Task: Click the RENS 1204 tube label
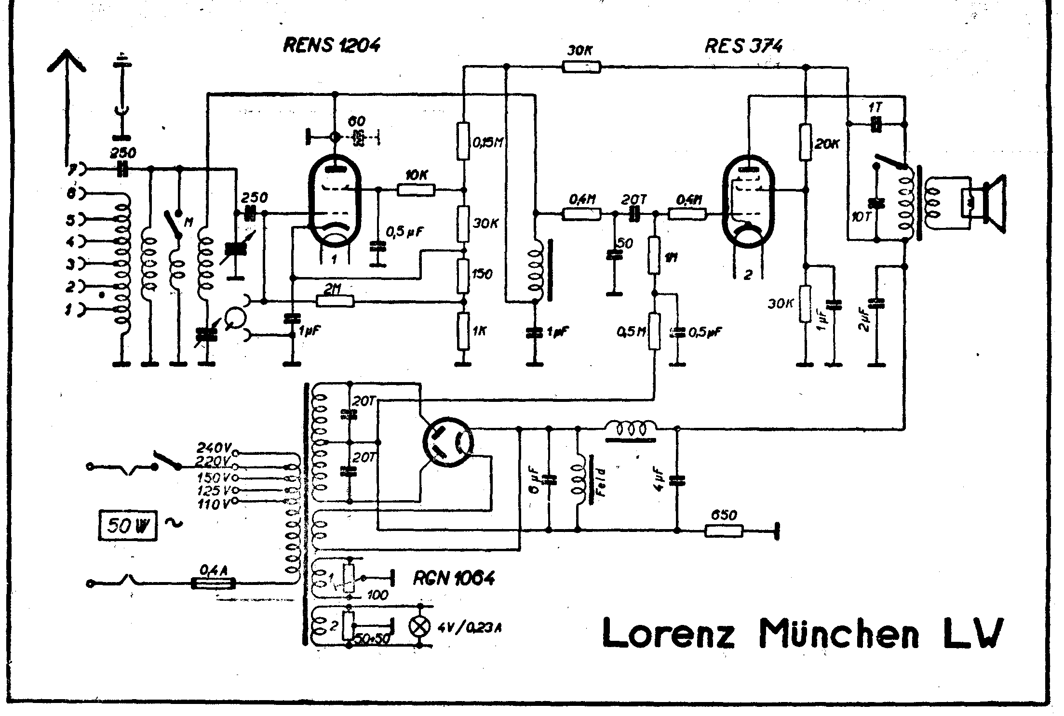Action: [x=332, y=45]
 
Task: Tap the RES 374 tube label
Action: [x=743, y=46]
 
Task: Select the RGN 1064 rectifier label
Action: [x=453, y=578]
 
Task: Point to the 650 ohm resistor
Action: [x=724, y=531]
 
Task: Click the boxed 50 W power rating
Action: [x=127, y=525]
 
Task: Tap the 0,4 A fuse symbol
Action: [x=213, y=583]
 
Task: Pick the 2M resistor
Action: [x=335, y=301]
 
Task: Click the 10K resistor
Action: [x=416, y=189]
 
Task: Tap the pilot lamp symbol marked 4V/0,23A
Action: [x=419, y=626]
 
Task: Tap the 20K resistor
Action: [x=805, y=142]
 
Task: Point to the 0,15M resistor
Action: [x=463, y=142]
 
